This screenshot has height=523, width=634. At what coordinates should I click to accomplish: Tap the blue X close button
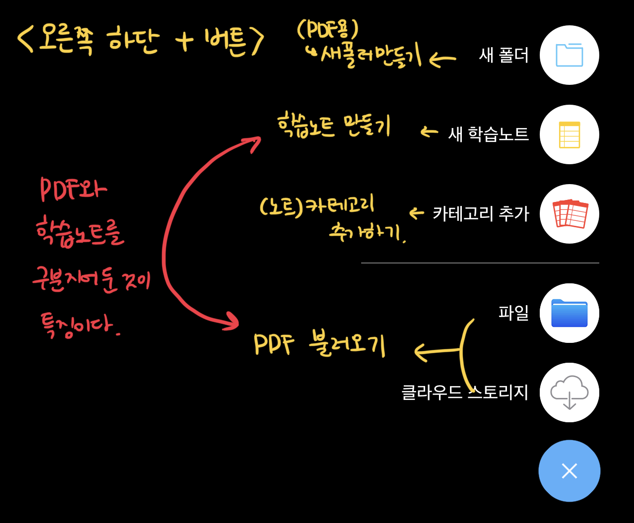(569, 471)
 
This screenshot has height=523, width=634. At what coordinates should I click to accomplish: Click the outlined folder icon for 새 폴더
(569, 55)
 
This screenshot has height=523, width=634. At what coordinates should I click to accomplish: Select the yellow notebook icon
(569, 134)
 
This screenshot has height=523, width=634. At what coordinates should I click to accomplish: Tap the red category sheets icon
(570, 214)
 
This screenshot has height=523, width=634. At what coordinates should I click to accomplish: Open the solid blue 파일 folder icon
(569, 313)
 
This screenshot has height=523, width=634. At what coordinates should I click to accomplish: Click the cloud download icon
(569, 392)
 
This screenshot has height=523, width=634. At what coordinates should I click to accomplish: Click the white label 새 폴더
(504, 55)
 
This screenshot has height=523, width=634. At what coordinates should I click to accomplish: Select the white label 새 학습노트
(488, 134)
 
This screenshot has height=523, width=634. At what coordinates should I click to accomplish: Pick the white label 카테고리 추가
(481, 214)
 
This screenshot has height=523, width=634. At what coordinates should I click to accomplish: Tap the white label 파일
(513, 313)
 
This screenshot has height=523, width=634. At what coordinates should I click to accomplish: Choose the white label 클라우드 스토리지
(465, 392)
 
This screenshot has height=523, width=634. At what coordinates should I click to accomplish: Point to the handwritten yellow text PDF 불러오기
(319, 343)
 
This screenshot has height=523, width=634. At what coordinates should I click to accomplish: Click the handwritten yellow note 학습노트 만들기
(334, 126)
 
